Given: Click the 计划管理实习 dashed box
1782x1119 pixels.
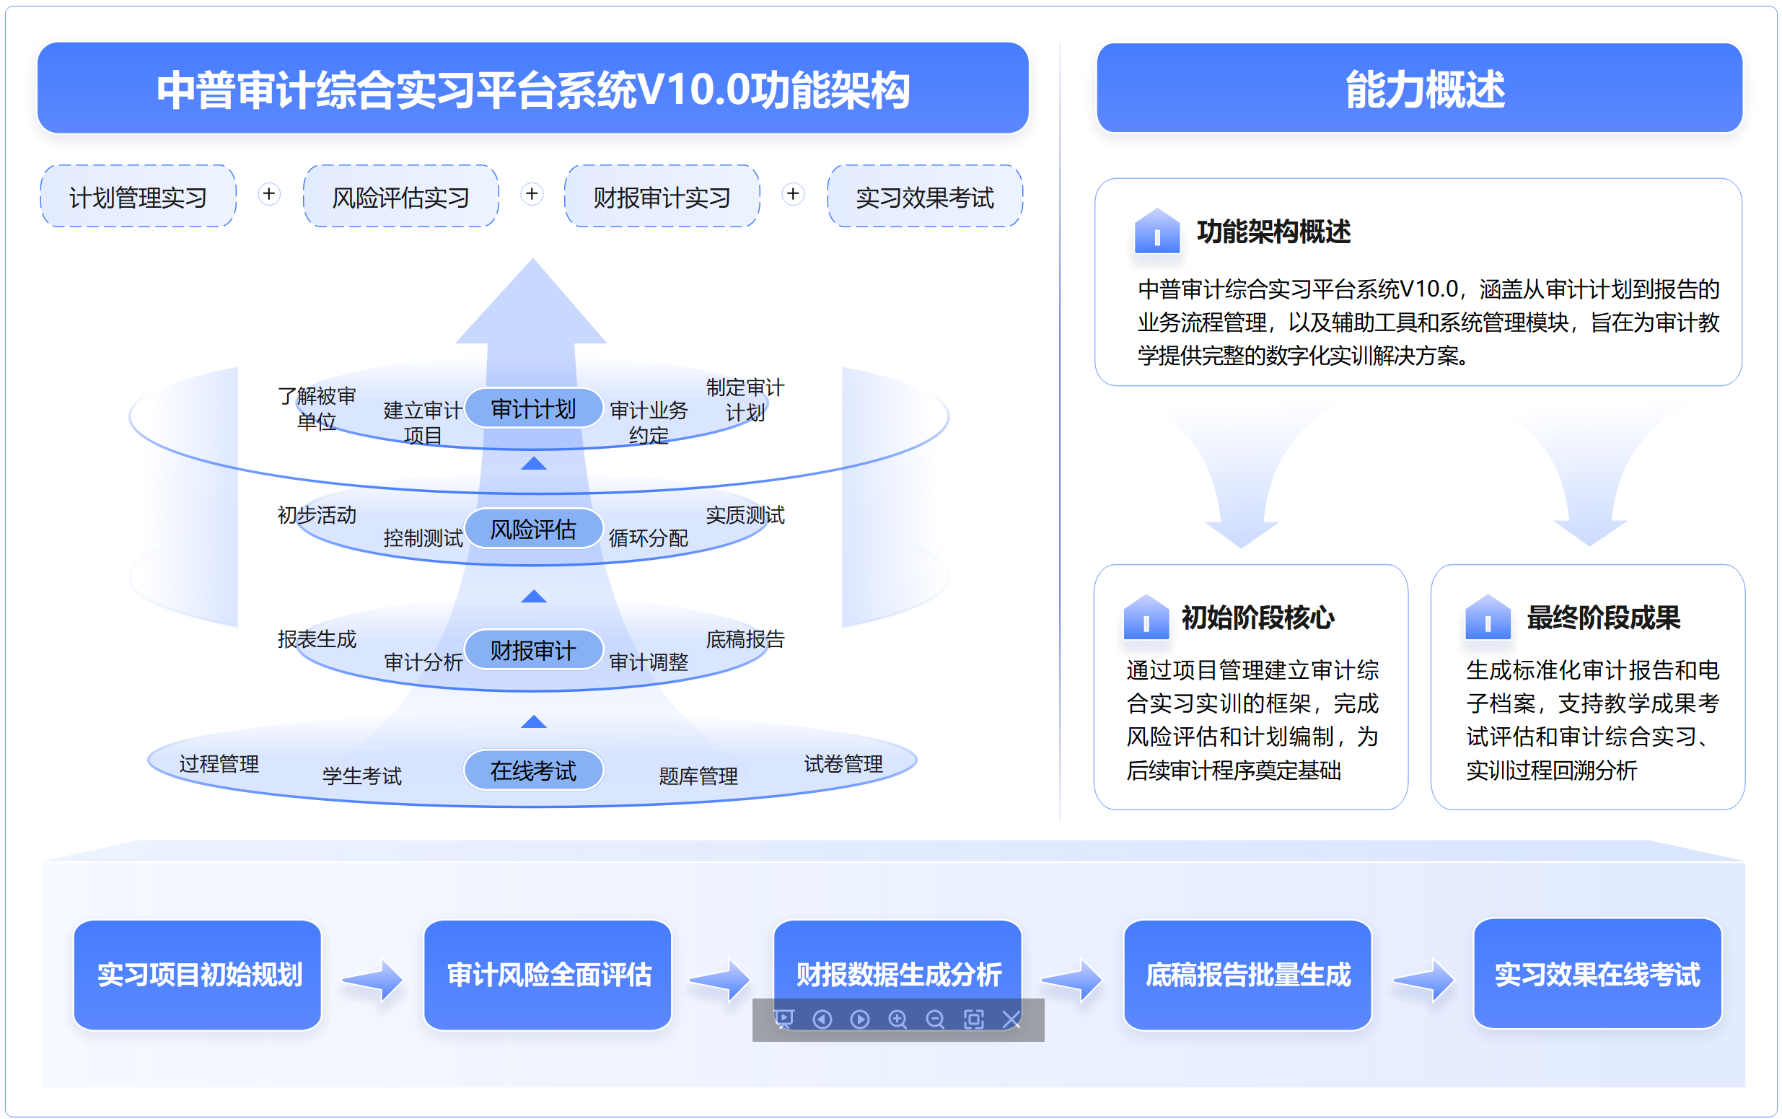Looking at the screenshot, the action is [x=139, y=196].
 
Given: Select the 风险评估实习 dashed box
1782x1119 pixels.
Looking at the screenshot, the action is [x=400, y=196].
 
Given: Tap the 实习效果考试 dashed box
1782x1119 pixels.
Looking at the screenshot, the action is [x=924, y=196].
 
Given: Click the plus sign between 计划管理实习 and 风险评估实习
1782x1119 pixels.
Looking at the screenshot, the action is [x=269, y=194].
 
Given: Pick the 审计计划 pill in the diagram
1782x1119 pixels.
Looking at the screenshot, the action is [x=533, y=408].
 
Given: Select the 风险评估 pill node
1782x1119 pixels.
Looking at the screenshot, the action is [x=533, y=528].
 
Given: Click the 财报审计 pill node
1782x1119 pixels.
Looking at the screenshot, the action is [x=533, y=650].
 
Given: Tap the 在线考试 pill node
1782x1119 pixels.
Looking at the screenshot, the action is [x=533, y=770].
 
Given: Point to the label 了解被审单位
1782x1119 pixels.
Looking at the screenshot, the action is [x=317, y=408].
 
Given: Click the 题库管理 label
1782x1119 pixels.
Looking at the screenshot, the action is [x=698, y=776].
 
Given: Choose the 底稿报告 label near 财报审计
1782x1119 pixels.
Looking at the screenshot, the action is [x=745, y=639].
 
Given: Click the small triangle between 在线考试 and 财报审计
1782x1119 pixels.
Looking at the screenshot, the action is [x=534, y=721].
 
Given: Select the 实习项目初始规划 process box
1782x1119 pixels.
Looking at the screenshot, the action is [x=198, y=975].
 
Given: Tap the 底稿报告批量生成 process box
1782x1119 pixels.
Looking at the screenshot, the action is [x=1247, y=975].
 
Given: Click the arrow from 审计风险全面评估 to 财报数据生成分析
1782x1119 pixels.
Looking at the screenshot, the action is [x=720, y=980].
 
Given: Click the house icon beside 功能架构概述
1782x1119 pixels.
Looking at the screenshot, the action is [x=1156, y=231].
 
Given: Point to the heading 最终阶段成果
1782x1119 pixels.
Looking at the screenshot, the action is [x=1603, y=618].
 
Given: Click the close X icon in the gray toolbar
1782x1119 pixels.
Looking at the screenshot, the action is [x=1011, y=1019].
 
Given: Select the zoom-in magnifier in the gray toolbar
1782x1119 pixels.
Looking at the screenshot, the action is [x=897, y=1019].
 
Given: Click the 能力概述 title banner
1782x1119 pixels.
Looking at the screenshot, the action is [x=1419, y=88].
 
